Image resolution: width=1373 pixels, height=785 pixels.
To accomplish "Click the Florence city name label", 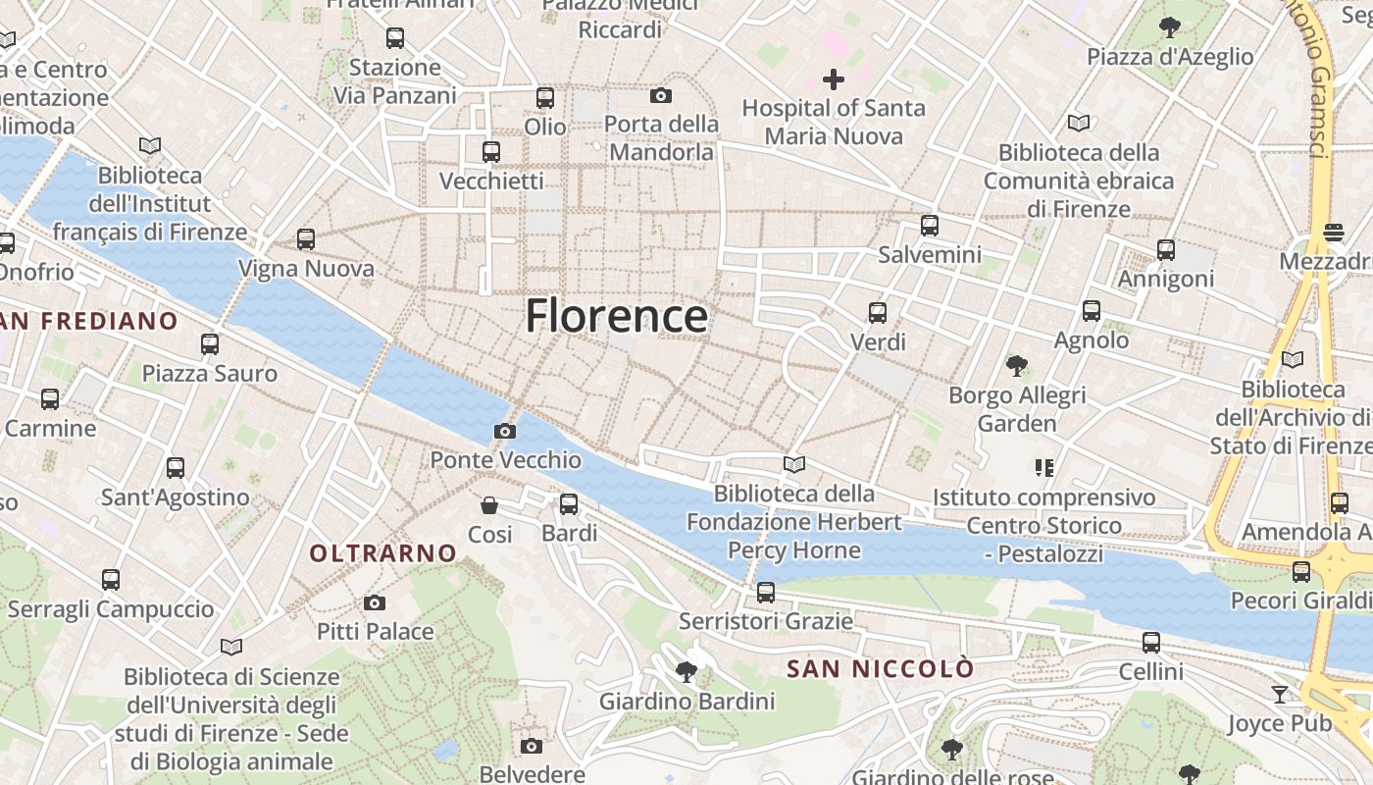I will coord(616,316).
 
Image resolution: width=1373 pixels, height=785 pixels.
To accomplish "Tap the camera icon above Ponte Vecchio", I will coord(505,431).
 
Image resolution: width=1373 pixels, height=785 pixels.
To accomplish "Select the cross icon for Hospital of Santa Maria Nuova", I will coord(834,78).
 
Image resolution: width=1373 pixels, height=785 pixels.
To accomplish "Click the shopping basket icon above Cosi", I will coord(489,505).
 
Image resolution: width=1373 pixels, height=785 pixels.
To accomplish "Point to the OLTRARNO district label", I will coord(383,553).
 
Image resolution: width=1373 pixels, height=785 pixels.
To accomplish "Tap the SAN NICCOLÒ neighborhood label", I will coord(881,669).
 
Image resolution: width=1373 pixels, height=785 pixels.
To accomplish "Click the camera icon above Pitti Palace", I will coord(375,602).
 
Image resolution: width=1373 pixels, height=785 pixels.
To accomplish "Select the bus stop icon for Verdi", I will coord(878,313).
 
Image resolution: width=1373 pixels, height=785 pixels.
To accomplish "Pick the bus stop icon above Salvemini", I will coord(930,226).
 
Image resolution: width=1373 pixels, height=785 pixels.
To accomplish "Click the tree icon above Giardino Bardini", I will coord(686,672).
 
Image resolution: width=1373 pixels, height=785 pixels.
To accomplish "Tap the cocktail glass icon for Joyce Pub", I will coord(1280,695).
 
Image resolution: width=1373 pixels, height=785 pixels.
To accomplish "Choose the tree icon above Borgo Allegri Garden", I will coord(1017,366).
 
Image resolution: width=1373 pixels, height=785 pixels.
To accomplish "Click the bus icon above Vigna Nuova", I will coord(306,239).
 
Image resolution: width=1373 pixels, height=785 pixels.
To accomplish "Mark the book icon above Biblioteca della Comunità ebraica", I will coord(1079,124).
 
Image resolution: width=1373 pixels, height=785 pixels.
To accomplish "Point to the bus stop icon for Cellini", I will coord(1151,643).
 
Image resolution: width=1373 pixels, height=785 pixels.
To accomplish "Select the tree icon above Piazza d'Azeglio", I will coord(1170,27).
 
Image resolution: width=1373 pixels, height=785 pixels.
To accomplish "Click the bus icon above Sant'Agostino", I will coord(176,468).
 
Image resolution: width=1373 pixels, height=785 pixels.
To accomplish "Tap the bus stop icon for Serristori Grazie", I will coord(766,593).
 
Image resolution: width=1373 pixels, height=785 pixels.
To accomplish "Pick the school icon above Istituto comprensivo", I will coord(1043,468).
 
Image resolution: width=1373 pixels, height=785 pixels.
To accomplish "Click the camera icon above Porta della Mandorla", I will coord(661,95).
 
